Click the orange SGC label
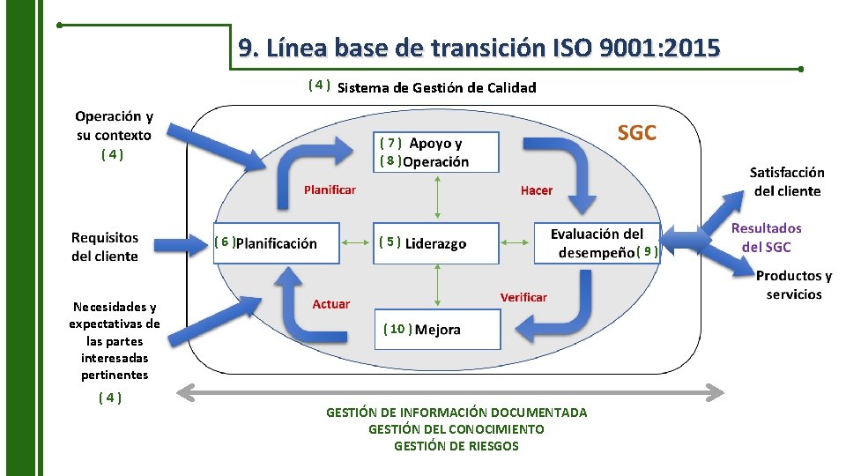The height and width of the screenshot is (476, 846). tap(636, 133)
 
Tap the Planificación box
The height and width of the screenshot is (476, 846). tap(277, 242)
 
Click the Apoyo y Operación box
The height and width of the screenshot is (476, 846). tap(435, 152)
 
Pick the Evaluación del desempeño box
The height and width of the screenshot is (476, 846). tap(597, 242)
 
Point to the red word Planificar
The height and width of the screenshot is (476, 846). tap(330, 190)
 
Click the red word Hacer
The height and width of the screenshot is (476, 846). tap(537, 190)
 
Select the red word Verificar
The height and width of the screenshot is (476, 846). tap(523, 297)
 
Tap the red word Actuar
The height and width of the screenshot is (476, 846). tap(330, 304)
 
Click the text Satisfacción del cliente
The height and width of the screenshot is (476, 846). tap(787, 182)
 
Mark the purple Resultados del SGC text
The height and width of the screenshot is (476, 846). tap(767, 237)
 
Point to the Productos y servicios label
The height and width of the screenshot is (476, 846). tap(793, 285)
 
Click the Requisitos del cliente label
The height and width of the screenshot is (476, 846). tap(105, 247)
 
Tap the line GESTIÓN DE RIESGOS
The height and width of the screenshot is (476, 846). tap(456, 446)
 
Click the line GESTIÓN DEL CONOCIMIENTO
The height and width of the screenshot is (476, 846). tap(456, 429)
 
